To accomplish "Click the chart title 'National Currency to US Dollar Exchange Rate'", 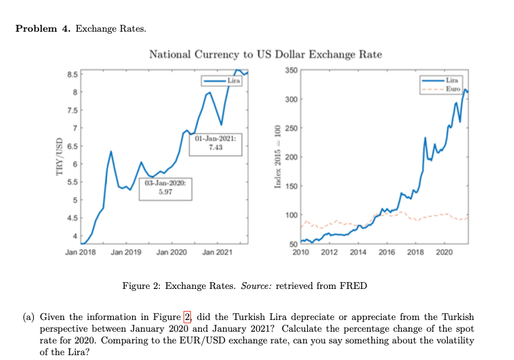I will [265, 54].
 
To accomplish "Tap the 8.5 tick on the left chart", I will [72, 74].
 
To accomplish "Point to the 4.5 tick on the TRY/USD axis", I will [72, 219].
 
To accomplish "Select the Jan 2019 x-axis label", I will [126, 253].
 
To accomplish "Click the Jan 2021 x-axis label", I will [217, 253].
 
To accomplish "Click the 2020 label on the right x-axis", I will [444, 253].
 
